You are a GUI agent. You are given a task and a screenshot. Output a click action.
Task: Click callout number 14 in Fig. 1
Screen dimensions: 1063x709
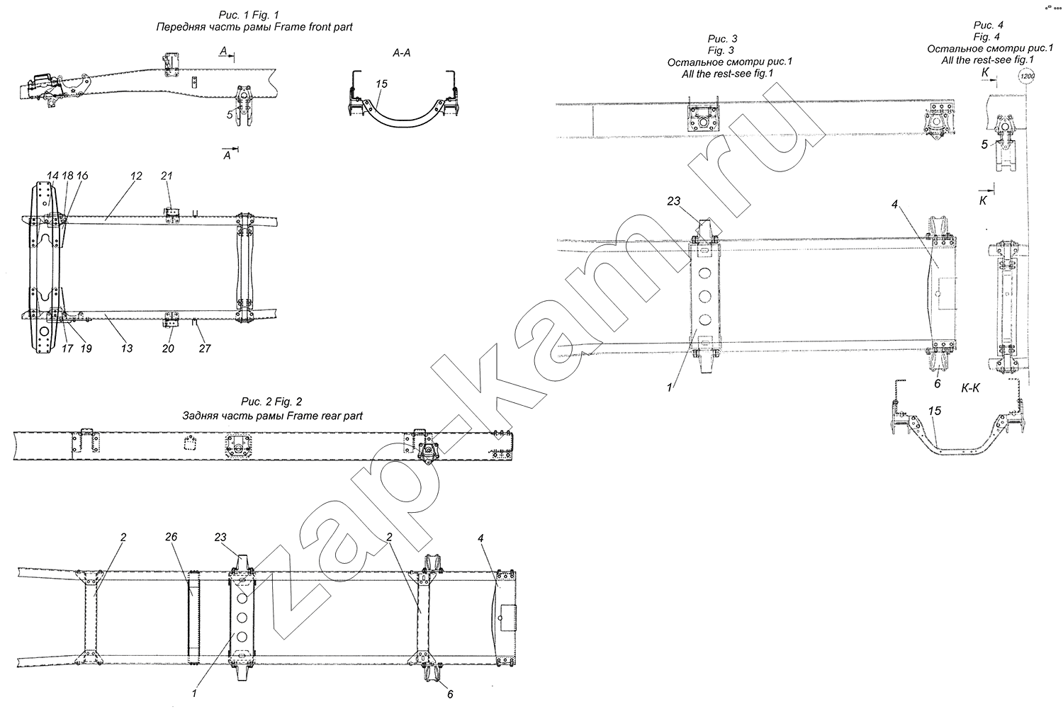[x=52, y=176]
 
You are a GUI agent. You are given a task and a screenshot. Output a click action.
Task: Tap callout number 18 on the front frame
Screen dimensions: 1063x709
[x=67, y=176]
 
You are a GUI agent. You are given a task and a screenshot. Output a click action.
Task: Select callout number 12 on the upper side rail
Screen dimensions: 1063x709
[x=136, y=176]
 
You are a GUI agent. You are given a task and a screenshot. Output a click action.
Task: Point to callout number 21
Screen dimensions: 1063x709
[x=166, y=176]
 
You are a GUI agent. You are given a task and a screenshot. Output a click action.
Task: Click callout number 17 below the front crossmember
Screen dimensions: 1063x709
[x=67, y=348]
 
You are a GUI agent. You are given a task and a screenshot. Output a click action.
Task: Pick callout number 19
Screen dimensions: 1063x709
[x=86, y=348]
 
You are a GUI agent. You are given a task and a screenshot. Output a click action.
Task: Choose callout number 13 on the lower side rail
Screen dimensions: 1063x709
[x=127, y=348]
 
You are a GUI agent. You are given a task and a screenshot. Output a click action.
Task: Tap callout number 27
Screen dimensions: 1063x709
[x=205, y=348]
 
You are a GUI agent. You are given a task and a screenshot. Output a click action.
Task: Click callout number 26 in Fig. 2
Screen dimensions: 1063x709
[x=171, y=537]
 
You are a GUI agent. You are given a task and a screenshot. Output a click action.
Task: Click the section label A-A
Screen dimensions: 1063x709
[x=402, y=53]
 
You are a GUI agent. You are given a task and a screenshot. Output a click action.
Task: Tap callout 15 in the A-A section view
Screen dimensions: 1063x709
[x=381, y=84]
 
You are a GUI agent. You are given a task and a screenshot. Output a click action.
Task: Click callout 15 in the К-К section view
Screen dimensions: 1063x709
[x=935, y=412]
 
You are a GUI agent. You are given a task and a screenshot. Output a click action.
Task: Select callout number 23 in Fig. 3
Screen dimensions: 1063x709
[x=673, y=202]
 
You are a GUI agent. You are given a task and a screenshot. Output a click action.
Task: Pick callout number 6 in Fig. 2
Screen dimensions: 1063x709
[x=450, y=694]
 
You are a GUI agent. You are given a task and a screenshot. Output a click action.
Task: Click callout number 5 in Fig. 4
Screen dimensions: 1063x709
[x=984, y=144]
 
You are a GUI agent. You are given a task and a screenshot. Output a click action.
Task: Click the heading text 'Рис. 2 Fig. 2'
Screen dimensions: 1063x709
[x=271, y=402]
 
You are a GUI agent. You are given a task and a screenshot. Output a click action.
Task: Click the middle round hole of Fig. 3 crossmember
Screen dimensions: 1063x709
[x=704, y=296]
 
